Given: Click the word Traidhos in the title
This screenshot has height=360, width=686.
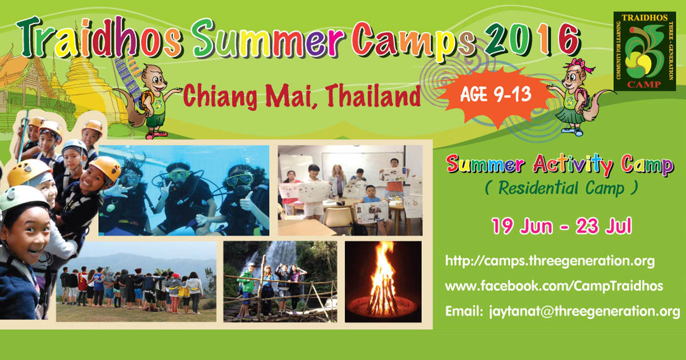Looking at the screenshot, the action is point(99,37).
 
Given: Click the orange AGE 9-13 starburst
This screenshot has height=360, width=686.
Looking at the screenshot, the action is point(496,95).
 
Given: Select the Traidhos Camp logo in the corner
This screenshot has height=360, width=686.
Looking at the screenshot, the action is point(645,51).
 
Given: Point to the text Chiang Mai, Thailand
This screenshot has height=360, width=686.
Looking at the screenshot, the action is point(302,96).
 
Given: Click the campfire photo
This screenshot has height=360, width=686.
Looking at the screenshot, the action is point(383,282).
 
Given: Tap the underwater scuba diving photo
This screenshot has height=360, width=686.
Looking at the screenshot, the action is point(184,190).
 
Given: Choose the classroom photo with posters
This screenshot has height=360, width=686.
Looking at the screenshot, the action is point(350,190).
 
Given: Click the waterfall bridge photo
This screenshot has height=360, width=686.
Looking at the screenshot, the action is point(280,282).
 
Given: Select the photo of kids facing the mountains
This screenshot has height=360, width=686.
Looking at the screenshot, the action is point(136,282).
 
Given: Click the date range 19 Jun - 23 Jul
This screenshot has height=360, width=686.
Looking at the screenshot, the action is point(561,226).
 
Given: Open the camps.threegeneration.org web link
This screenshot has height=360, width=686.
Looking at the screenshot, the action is point(550,261).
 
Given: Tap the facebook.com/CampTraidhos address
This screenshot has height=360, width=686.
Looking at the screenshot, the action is point(554,286).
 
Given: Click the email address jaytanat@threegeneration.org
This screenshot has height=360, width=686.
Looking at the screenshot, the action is point(584,311).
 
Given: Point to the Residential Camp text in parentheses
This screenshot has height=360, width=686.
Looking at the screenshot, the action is point(561,188).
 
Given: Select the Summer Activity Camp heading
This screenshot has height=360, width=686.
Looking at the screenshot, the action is point(560,165).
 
